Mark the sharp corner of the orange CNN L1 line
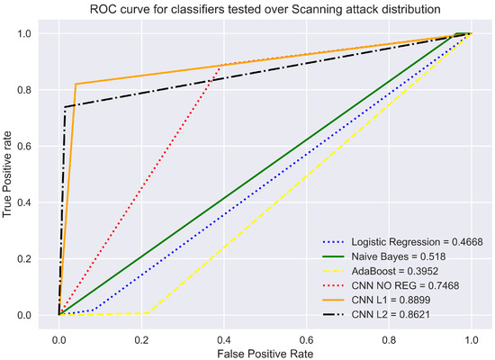76,85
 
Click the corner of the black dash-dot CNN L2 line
64,107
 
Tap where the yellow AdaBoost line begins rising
148,313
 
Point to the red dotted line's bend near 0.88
220,66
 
